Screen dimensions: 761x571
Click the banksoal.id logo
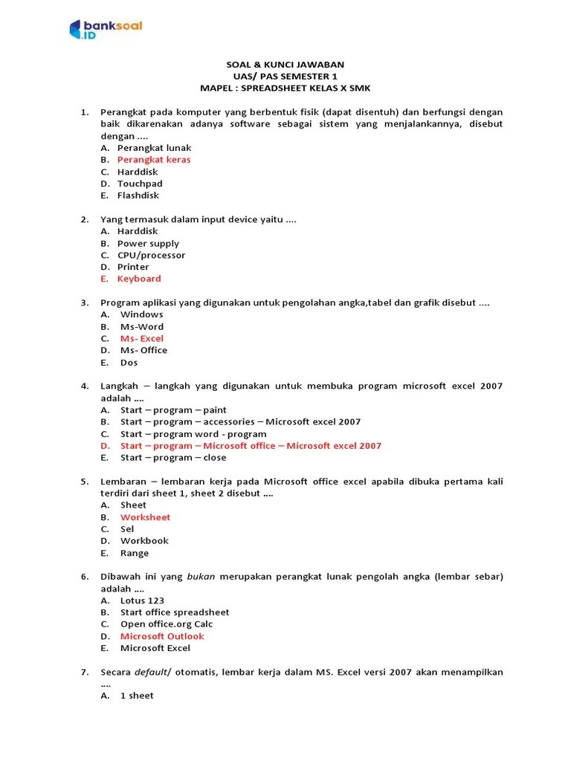click(105, 29)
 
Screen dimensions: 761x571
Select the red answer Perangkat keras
click(154, 160)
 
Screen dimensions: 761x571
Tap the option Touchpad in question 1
click(140, 184)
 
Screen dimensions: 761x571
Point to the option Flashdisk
click(138, 195)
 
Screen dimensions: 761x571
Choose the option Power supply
click(148, 243)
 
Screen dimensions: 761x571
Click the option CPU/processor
click(152, 255)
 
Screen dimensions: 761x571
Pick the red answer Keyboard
click(139, 279)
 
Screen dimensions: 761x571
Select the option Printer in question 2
click(133, 267)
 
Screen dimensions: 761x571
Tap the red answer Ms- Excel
click(142, 338)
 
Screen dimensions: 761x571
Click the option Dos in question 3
click(129, 363)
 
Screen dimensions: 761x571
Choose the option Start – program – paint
click(173, 410)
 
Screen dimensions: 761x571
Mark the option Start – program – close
click(173, 458)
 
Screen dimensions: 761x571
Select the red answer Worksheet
click(146, 517)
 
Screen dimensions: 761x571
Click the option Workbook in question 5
click(144, 541)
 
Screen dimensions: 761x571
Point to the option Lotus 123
click(142, 600)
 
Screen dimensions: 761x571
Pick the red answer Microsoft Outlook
click(162, 636)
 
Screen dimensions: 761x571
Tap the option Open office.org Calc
click(167, 624)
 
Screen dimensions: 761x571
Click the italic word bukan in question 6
click(196, 577)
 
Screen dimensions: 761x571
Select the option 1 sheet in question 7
click(137, 696)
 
